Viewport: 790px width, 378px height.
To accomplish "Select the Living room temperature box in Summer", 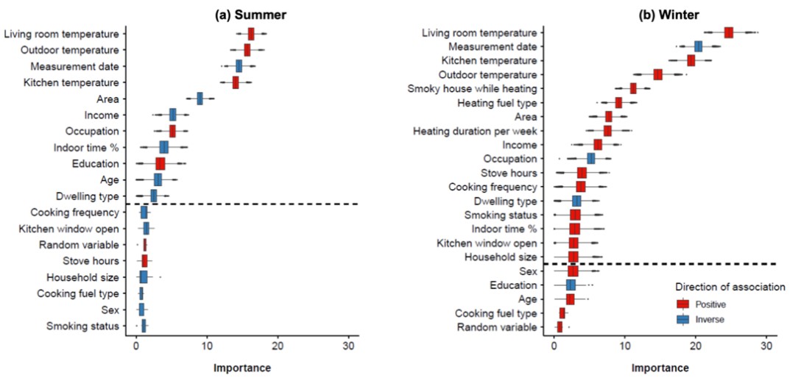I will point(251,34).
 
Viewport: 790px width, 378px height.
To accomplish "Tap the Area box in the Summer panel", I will point(200,99).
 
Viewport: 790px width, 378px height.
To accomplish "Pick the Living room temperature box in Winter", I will point(728,32).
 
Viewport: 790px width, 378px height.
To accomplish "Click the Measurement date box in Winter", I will point(698,46).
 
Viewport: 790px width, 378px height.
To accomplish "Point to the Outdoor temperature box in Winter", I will point(657,74).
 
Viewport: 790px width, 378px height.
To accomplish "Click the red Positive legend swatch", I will point(683,303).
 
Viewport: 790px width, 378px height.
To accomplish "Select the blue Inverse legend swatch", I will point(683,319).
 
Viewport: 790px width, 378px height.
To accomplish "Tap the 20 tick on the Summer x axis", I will point(278,343).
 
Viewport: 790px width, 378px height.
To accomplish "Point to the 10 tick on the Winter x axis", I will point(624,343).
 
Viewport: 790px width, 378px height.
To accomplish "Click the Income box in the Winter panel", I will point(597,145).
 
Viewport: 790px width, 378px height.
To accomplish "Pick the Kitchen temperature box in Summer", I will point(236,82).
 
